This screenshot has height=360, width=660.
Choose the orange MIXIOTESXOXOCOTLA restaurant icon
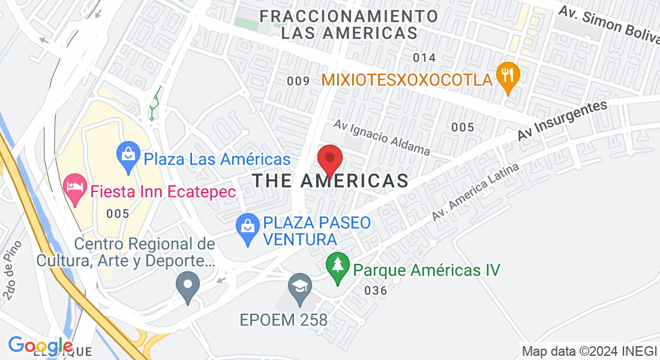[508, 79]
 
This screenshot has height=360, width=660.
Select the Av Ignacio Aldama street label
[382, 137]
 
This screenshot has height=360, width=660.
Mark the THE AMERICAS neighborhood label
[331, 180]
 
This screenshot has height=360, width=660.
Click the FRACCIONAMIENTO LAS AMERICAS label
[350, 24]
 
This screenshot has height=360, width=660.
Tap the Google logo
[40, 346]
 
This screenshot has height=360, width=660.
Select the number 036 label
[375, 291]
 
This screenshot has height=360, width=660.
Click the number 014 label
[424, 58]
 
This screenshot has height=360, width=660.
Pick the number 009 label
[298, 81]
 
